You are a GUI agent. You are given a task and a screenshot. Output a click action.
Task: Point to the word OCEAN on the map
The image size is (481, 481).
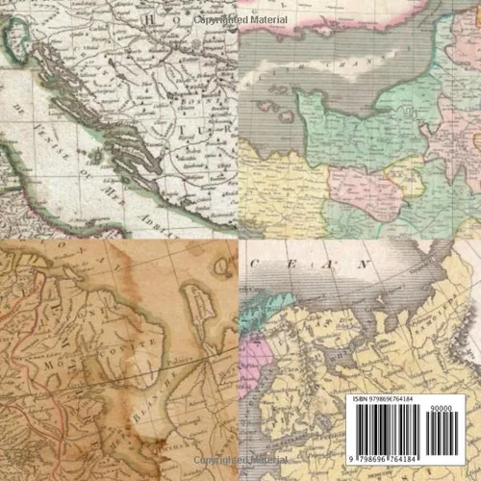308,261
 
